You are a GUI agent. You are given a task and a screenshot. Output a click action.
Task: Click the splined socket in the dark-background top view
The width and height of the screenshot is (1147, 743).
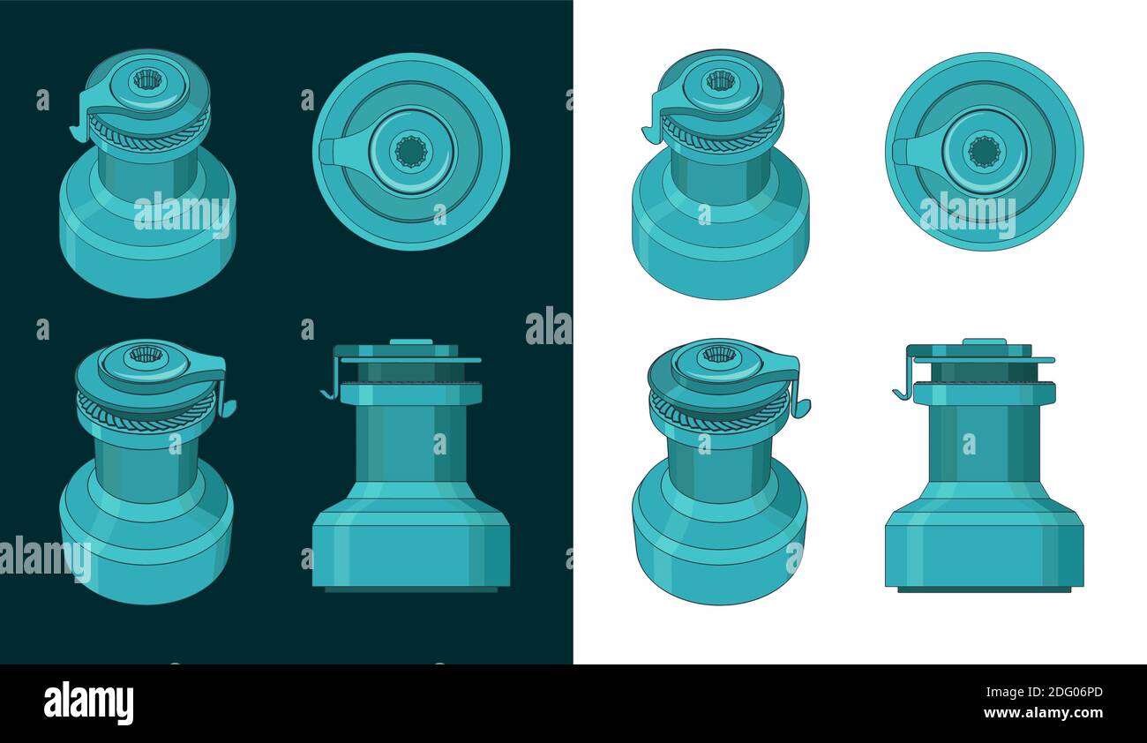(410, 151)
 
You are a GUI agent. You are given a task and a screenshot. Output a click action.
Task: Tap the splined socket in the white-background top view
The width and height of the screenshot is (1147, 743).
(984, 151)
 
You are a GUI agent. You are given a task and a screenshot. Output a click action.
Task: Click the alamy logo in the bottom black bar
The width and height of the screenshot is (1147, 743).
(88, 702)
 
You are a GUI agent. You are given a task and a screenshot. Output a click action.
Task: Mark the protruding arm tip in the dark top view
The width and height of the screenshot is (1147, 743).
(326, 152)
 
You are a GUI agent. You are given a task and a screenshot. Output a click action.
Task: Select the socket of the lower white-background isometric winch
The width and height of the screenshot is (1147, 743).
(718, 354)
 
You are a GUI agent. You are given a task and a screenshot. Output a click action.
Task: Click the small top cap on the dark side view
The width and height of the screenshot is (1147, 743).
(411, 341)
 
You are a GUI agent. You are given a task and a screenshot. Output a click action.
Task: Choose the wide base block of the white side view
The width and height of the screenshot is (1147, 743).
(984, 552)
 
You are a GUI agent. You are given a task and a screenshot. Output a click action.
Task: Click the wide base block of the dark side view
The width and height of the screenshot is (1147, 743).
(410, 552)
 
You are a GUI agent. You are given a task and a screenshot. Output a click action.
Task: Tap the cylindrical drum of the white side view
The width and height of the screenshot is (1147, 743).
(984, 441)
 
